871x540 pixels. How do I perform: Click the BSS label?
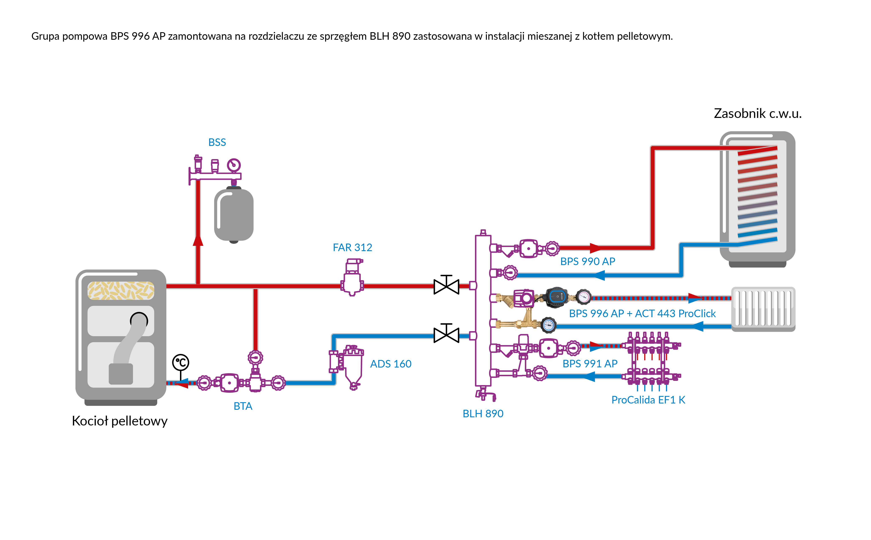coord(217,143)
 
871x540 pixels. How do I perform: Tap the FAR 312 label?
coord(352,248)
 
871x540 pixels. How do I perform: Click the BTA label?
coord(243,406)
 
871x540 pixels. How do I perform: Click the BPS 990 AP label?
coord(588,261)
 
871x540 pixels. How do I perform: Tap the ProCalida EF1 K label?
coord(648,400)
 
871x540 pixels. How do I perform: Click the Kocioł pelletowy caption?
coord(120,421)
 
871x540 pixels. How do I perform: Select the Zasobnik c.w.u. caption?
coord(758,114)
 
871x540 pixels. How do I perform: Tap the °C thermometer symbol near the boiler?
coord(181,363)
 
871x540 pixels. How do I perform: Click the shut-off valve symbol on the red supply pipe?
coord(446,286)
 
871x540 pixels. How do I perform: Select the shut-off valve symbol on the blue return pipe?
coord(446,335)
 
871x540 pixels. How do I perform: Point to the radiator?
coord(763,309)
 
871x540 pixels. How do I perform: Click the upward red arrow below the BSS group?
coord(198,240)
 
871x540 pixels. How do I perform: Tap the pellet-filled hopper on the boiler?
coord(121,290)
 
